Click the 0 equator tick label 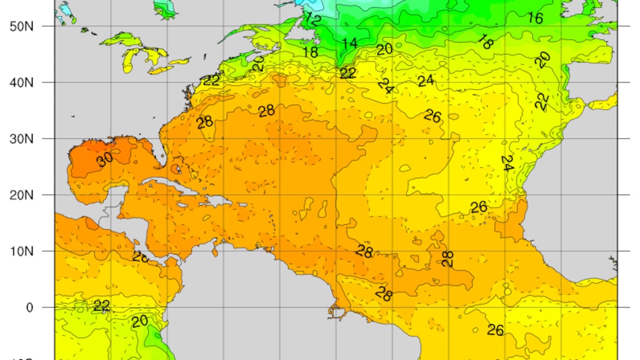[29, 307]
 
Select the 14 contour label [349, 44]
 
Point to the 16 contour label [535, 18]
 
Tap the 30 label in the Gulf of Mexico [105, 159]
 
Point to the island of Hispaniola [216, 201]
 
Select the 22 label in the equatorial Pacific [101, 306]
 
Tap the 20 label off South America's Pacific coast [139, 321]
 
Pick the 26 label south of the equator [495, 329]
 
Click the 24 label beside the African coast [507, 164]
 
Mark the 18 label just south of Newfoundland [311, 52]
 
